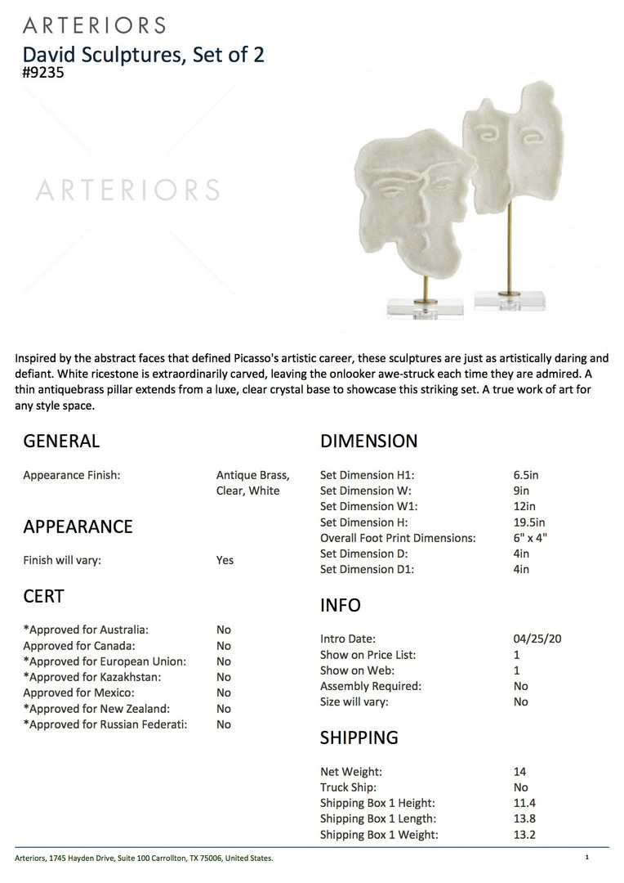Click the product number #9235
43,72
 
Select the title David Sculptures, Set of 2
143,55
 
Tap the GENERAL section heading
61,441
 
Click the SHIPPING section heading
359,737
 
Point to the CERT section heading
43,597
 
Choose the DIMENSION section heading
368,441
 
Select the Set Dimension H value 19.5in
529,522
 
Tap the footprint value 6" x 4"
530,538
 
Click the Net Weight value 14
520,772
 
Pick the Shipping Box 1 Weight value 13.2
524,835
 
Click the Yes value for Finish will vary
225,560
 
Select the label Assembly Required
371,686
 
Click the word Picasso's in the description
281,358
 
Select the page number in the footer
586,858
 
